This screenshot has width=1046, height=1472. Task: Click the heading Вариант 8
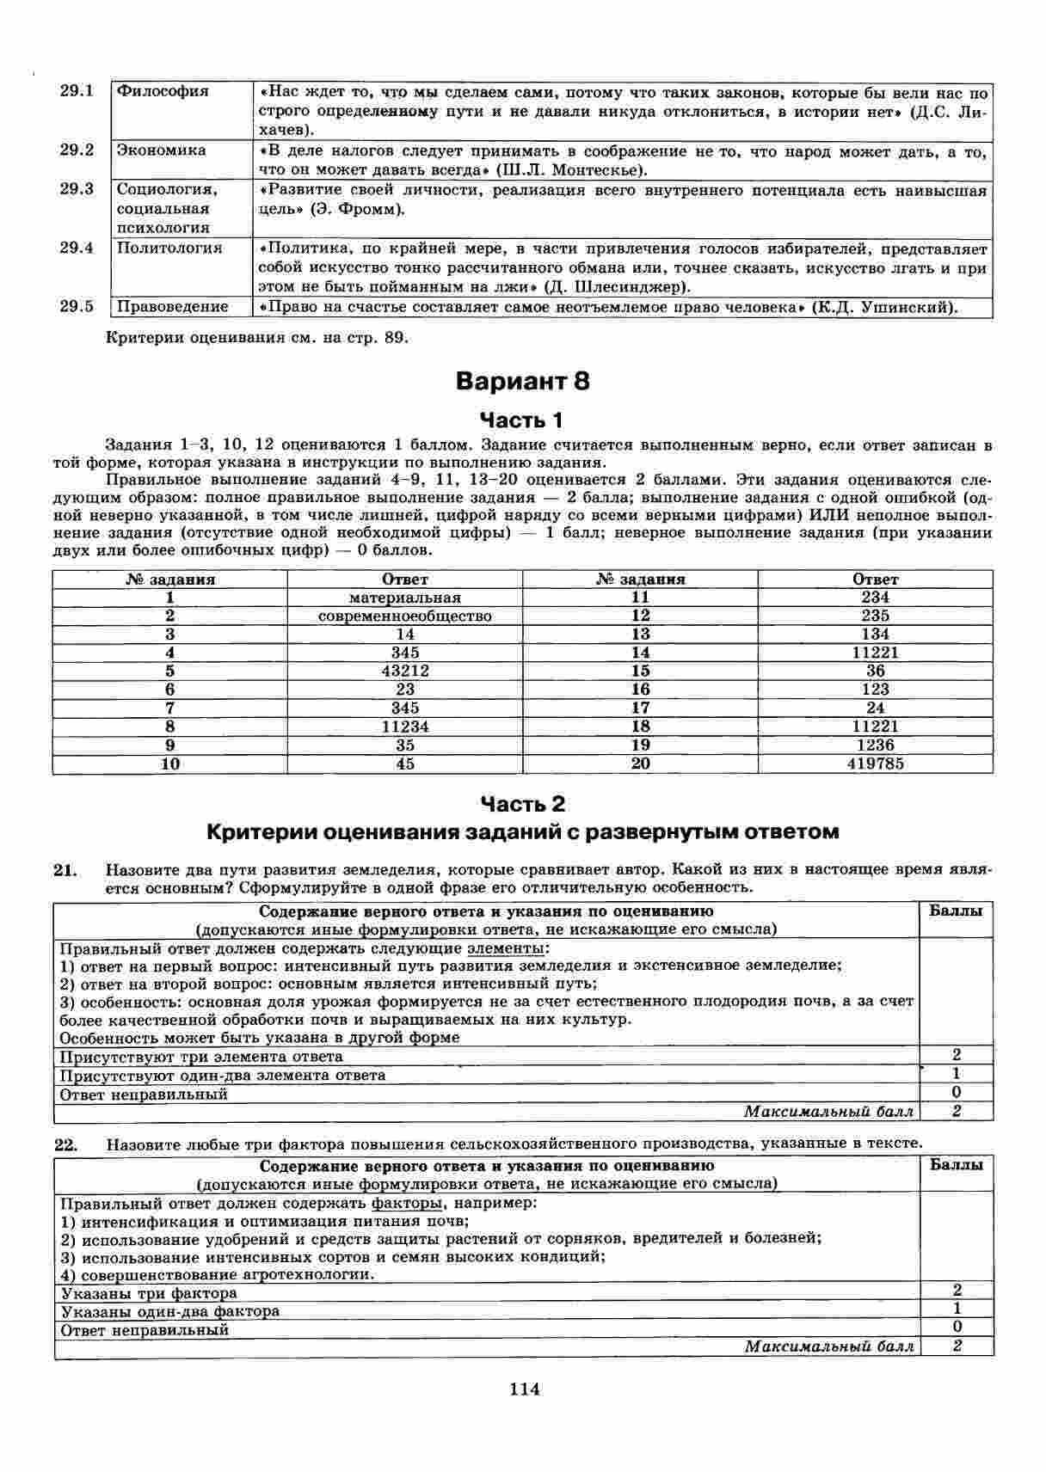[522, 381]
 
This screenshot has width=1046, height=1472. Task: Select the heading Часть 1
[522, 420]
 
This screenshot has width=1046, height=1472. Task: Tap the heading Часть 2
[522, 804]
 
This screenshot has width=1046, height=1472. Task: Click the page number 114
[524, 1389]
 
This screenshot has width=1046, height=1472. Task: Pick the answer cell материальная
[404, 598]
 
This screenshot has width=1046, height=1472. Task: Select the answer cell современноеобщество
[404, 616]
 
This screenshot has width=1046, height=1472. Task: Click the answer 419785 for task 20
[875, 764]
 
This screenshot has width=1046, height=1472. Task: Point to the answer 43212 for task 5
[404, 671]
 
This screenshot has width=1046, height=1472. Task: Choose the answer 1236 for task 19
[875, 745]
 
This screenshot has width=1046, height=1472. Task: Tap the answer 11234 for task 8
[404, 727]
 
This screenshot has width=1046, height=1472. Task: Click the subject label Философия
[163, 91]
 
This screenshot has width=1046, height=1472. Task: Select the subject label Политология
[169, 248]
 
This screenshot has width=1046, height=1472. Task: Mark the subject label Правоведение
[173, 307]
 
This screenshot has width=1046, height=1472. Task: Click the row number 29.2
[77, 150]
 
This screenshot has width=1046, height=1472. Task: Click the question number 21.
[65, 870]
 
